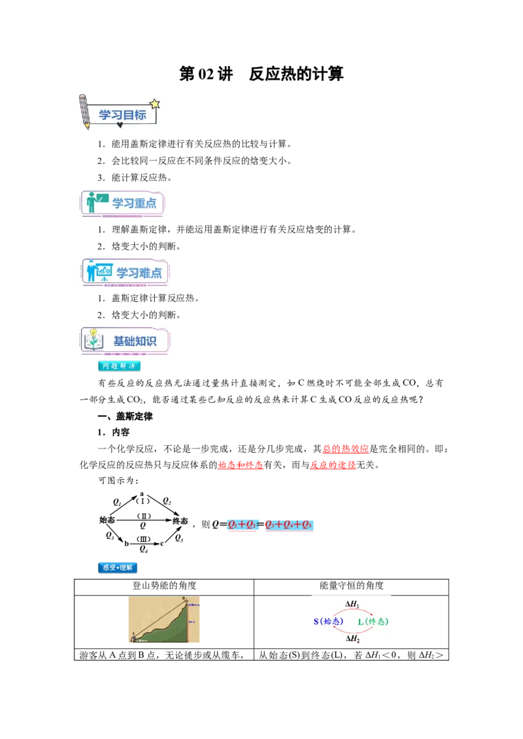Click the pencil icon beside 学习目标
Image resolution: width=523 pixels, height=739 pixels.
[x=84, y=112]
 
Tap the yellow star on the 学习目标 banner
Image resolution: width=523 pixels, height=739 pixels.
[x=154, y=104]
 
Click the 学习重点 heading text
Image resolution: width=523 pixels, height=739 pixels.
[x=134, y=203]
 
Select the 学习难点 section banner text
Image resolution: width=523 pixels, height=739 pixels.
[x=139, y=273]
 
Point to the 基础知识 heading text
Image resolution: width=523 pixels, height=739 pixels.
[x=135, y=341]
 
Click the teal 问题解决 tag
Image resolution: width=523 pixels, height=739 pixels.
[x=119, y=366]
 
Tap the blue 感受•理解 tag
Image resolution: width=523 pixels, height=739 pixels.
[x=118, y=567]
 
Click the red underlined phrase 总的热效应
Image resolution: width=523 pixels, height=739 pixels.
[x=346, y=448]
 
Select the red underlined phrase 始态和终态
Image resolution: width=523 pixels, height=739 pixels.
[x=241, y=465]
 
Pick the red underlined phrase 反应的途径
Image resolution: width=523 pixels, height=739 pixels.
[x=333, y=465]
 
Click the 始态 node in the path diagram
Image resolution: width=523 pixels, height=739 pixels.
[x=107, y=520]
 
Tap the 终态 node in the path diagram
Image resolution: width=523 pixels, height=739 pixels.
[x=180, y=521]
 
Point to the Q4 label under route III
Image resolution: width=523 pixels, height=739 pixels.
[x=143, y=548]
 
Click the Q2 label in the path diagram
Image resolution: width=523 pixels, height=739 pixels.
[x=167, y=501]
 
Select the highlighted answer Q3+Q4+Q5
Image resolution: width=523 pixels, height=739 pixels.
[x=289, y=525]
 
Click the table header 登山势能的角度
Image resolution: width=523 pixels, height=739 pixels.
[x=164, y=586]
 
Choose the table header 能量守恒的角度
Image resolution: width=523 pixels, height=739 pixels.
[x=351, y=586]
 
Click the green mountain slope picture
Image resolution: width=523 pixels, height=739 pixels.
[x=164, y=620]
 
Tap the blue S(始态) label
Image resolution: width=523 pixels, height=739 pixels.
[x=329, y=621]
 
